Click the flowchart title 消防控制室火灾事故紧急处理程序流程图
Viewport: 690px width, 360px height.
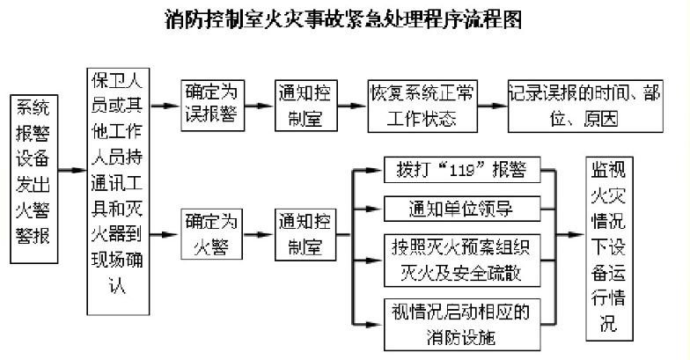344,20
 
